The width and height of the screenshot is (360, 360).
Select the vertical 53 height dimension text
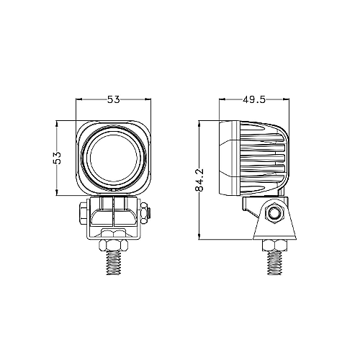tap(58, 158)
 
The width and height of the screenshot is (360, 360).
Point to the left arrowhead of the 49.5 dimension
tap(222, 101)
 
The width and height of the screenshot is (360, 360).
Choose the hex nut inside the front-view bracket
tap(114, 233)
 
